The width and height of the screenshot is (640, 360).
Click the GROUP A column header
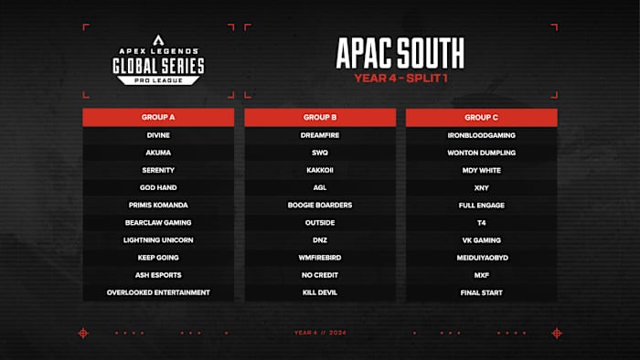pos(159,118)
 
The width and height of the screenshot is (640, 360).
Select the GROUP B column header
pos(320,118)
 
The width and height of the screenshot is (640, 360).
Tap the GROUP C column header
pos(481,118)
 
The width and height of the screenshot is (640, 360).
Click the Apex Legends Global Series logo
pos(158,63)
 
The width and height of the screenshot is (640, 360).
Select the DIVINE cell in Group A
pos(159,135)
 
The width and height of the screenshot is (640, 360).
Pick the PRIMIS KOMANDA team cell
pos(159,205)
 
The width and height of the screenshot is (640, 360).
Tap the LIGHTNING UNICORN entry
pos(159,240)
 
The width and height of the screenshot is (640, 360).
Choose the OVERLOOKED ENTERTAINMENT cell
pos(159,292)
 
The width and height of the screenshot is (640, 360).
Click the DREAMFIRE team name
pos(320,135)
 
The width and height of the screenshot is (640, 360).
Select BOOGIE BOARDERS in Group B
pos(320,205)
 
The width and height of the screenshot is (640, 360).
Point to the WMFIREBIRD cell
pos(320,258)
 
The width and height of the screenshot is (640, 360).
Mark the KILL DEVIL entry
pos(320,292)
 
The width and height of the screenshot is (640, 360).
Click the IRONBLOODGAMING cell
pos(481,135)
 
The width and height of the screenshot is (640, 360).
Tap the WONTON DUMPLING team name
pos(481,153)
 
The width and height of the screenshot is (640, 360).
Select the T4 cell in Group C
pos(481,223)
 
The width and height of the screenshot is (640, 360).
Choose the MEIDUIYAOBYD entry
pos(481,258)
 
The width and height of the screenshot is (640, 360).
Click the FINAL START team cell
pos(481,292)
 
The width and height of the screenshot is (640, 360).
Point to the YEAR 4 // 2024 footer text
pos(319,333)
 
